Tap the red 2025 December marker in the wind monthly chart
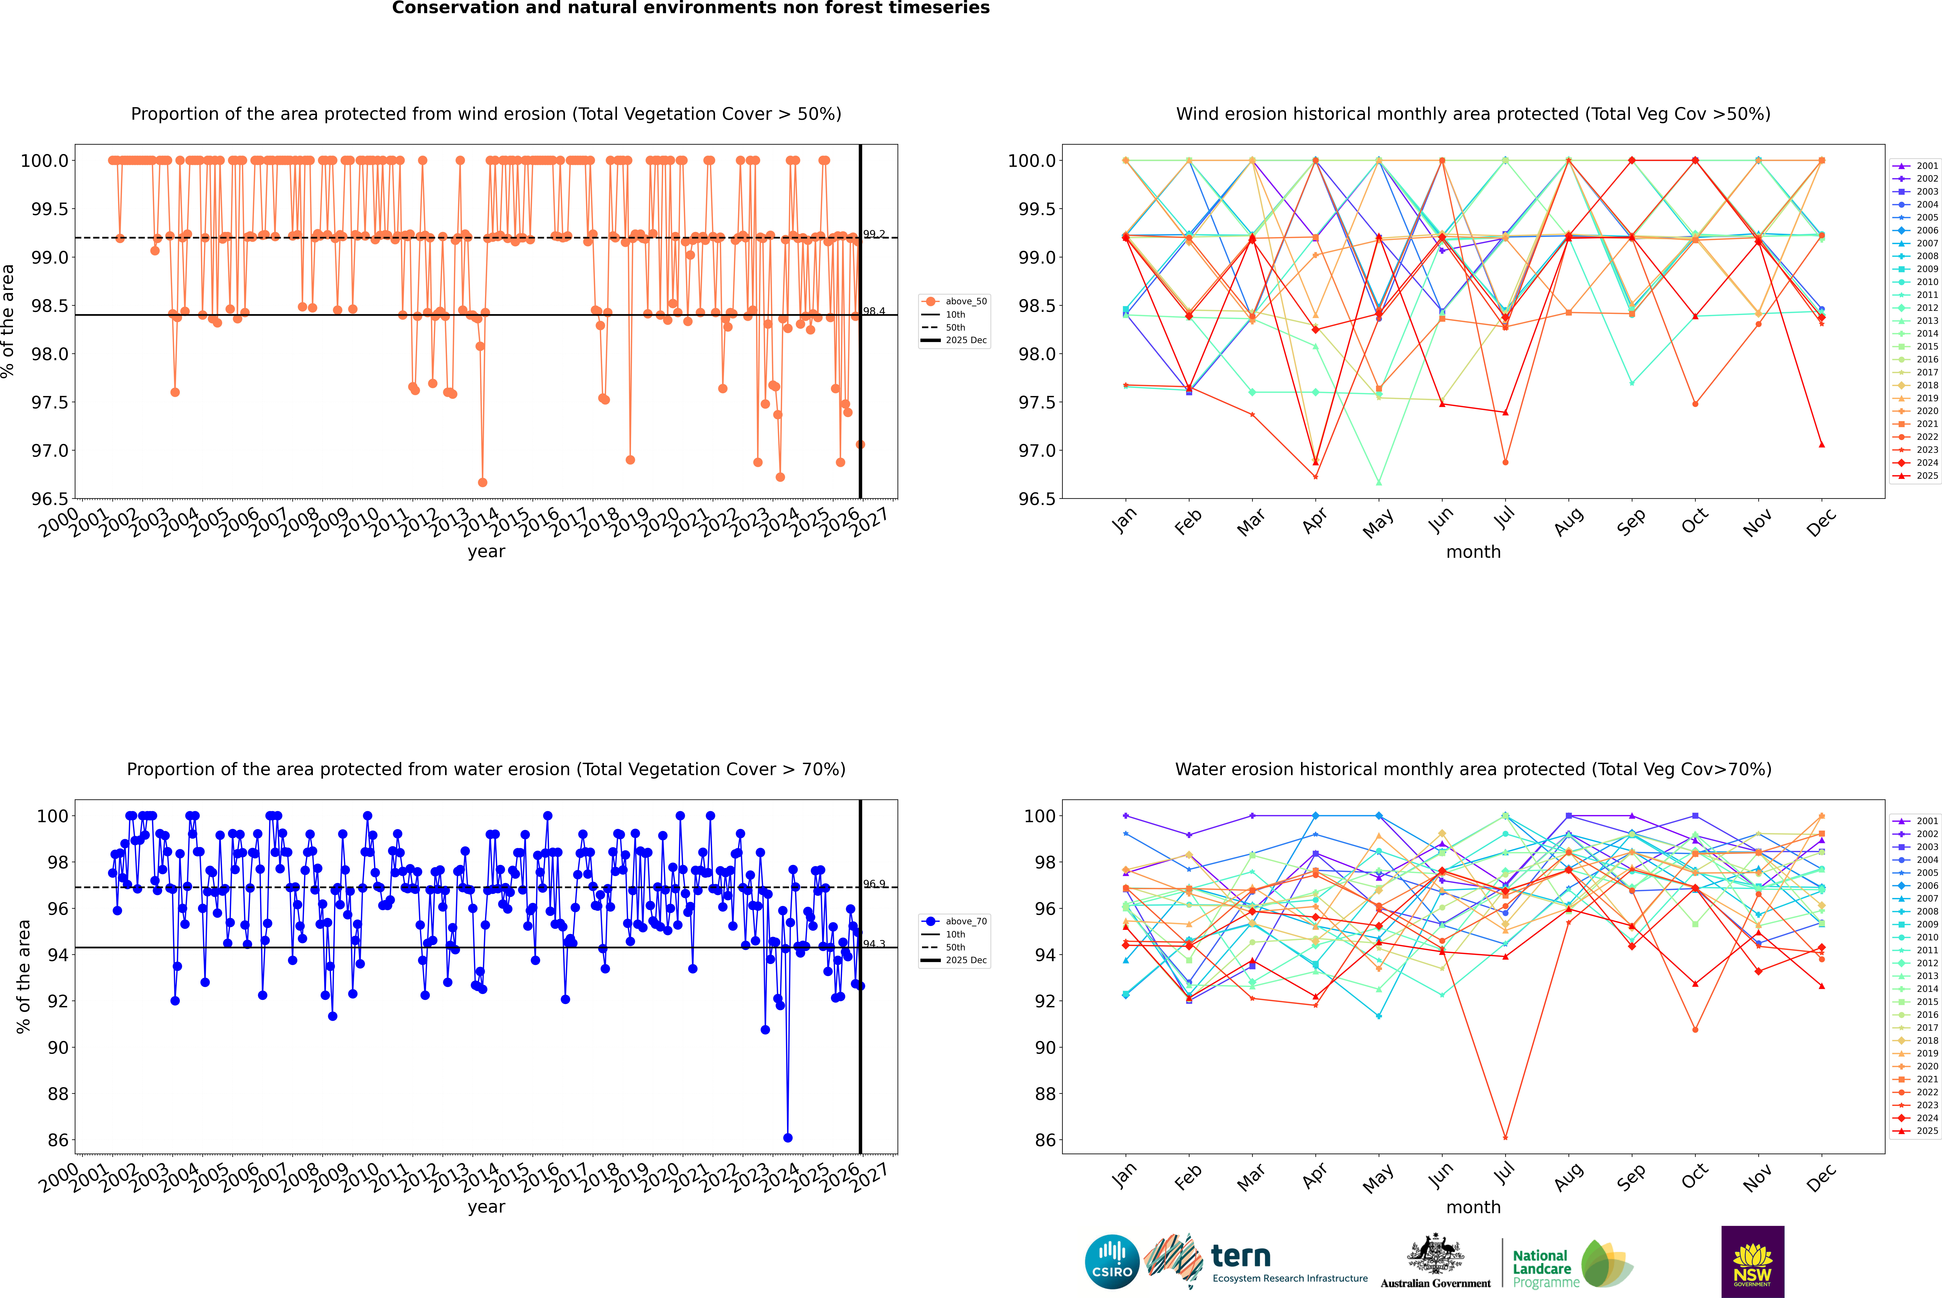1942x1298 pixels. click(x=1821, y=445)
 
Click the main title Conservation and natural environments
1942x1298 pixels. click(x=690, y=8)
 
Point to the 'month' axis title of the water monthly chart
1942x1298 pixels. click(x=1473, y=1207)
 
